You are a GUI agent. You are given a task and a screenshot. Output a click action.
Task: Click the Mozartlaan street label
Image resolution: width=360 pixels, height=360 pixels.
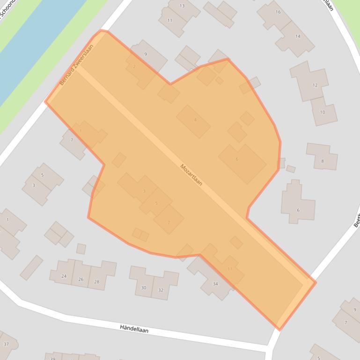pyautogui.click(x=191, y=175)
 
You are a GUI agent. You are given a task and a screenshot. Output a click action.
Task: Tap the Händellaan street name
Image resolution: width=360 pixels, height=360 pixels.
pyautogui.click(x=134, y=330)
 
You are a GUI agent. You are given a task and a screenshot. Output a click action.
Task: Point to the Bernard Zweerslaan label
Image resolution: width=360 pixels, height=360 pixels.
pyautogui.click(x=77, y=65)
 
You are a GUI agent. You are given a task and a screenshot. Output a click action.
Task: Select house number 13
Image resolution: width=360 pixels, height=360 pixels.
pyautogui.click(x=182, y=6)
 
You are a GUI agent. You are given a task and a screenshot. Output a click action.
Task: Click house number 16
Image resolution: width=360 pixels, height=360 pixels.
pyautogui.click(x=278, y=12)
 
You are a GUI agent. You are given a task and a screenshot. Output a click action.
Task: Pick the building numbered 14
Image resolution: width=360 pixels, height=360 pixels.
pyautogui.click(x=298, y=36)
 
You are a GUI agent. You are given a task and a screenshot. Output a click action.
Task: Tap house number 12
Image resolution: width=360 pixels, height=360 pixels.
pyautogui.click(x=315, y=85)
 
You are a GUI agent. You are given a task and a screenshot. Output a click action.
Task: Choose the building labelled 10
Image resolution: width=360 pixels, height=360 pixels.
pyautogui.click(x=322, y=112)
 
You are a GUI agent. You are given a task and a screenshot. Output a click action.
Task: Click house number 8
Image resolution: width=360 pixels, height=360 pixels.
pyautogui.click(x=322, y=161)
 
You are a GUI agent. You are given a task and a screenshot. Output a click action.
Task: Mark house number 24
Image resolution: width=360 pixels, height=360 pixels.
pyautogui.click(x=64, y=276)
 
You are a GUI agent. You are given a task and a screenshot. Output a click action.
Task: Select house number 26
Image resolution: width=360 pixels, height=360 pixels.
pyautogui.click(x=81, y=279)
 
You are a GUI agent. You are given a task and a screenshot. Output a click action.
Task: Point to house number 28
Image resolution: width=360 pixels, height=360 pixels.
pyautogui.click(x=97, y=281)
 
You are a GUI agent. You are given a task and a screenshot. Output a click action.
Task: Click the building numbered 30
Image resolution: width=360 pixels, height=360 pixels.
pyautogui.click(x=144, y=288)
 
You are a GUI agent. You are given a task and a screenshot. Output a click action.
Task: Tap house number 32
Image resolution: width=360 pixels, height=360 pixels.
pyautogui.click(x=161, y=290)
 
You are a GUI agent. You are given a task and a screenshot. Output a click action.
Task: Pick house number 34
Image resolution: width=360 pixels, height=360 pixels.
pyautogui.click(x=215, y=284)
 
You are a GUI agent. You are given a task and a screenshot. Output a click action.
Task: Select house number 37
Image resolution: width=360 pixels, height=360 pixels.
pyautogui.click(x=6, y=344)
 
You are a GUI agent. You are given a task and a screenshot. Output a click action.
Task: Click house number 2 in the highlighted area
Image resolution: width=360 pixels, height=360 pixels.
pyautogui.click(x=134, y=67)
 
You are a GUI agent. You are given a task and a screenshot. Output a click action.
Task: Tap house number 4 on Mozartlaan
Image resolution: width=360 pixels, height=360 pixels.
pyautogui.click(x=195, y=120)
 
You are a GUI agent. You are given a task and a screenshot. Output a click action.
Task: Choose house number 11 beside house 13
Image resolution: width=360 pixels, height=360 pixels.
pyautogui.click(x=169, y=21)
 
